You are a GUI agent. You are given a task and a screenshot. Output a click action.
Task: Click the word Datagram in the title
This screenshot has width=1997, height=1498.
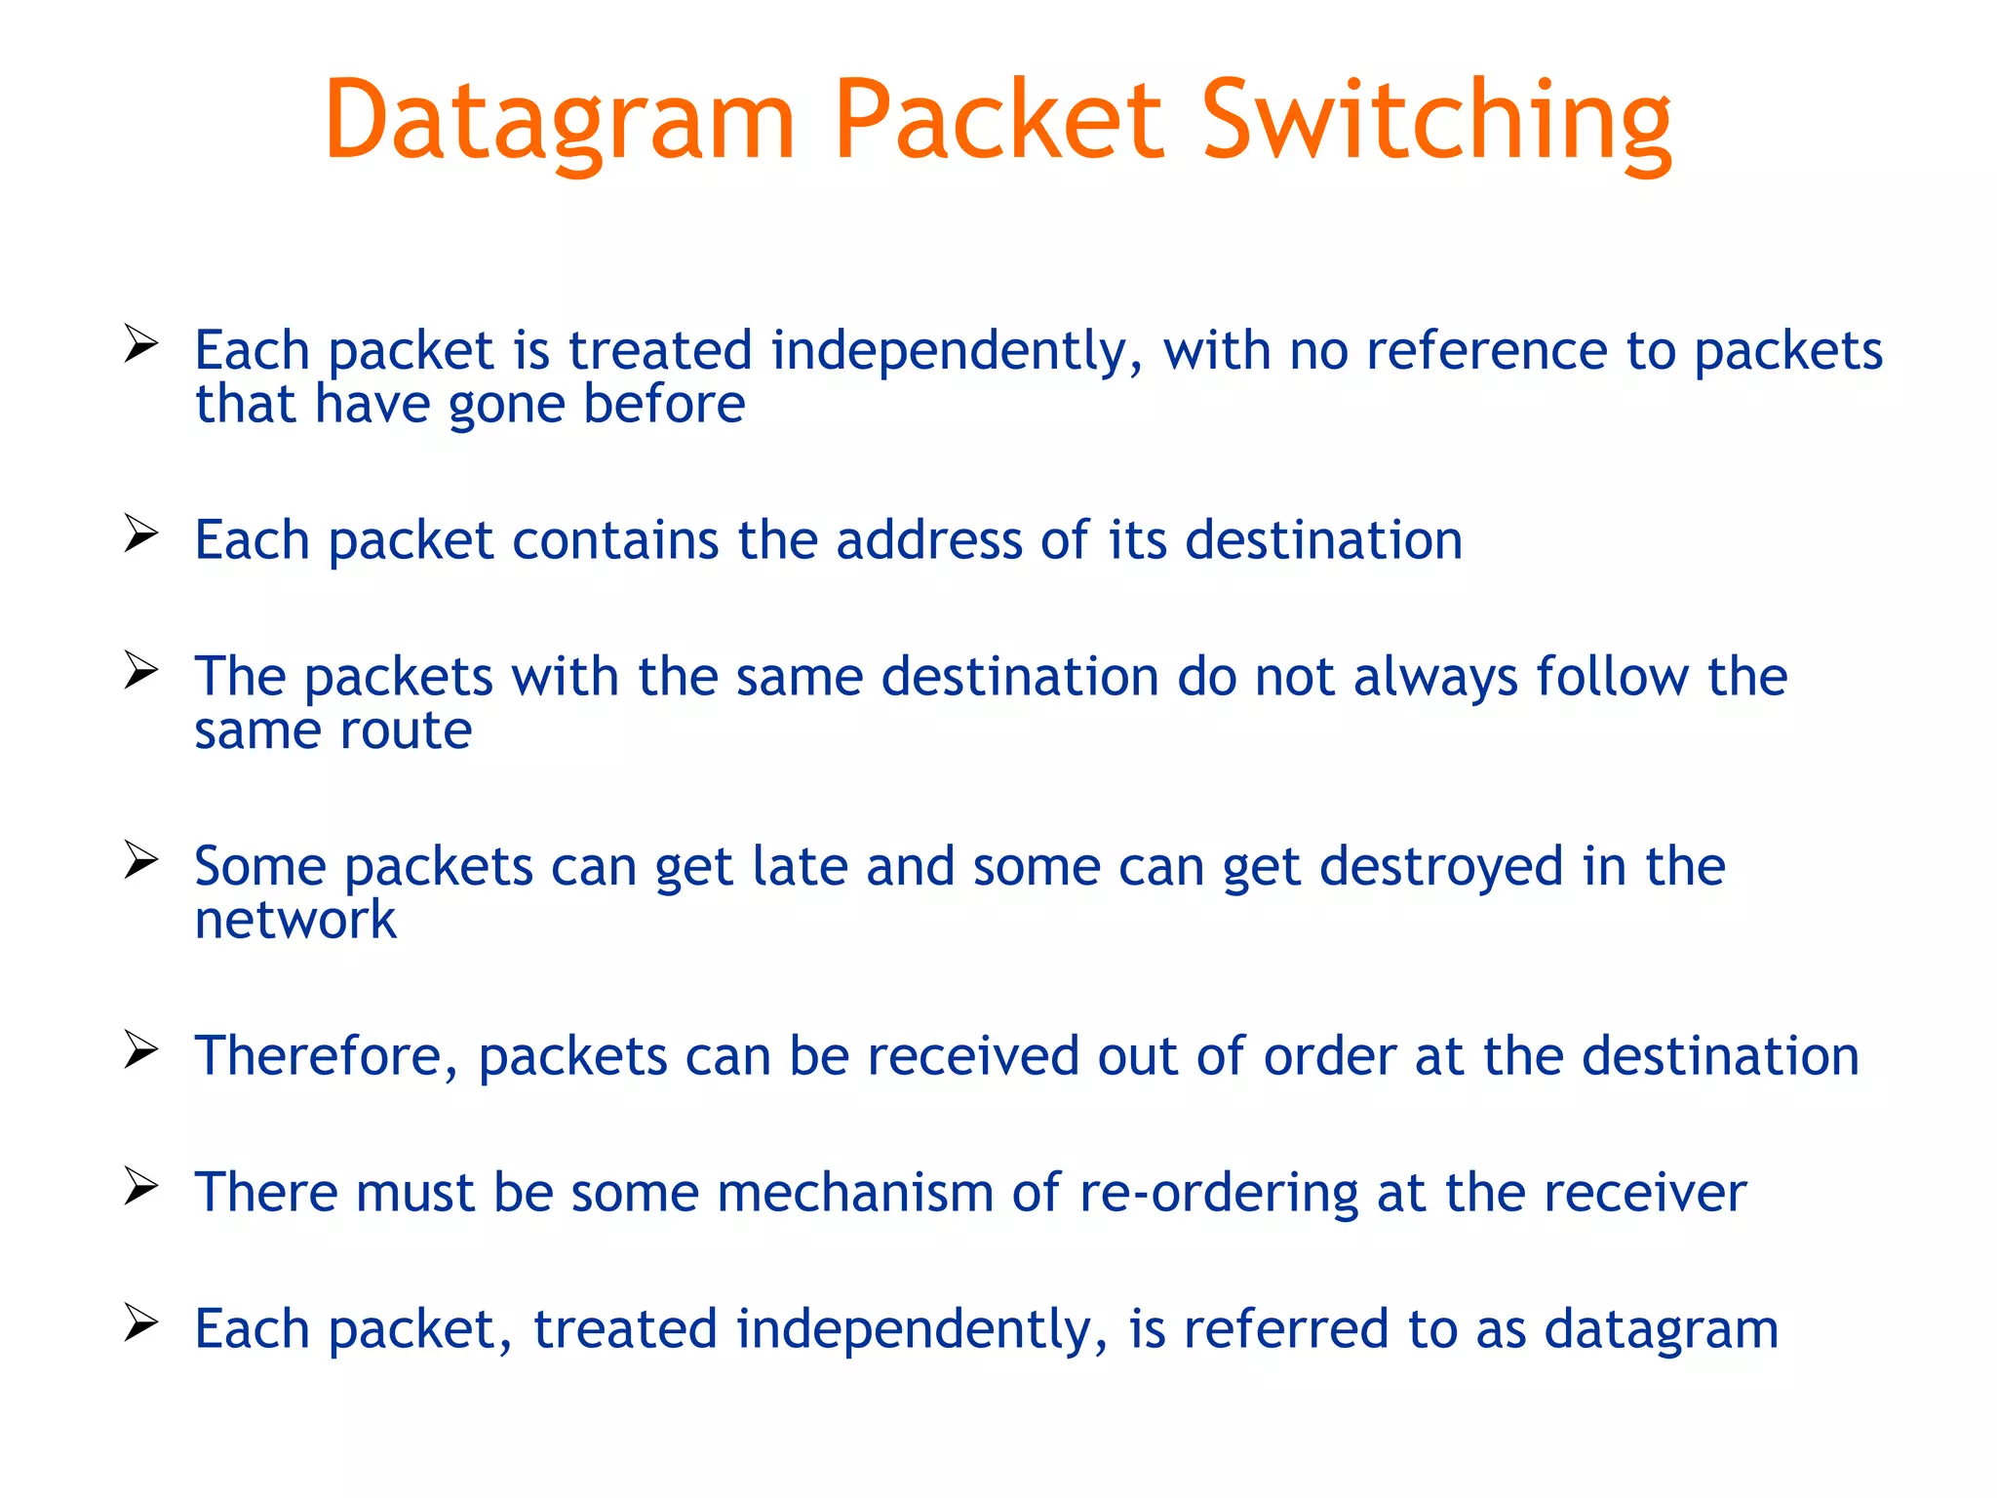coord(561,122)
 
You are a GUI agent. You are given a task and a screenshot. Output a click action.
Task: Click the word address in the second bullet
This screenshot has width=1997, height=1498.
coord(928,540)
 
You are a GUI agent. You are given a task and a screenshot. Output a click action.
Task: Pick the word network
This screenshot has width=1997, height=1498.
coord(295,921)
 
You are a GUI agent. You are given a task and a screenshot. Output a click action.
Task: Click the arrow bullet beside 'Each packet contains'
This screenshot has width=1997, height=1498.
coord(141,533)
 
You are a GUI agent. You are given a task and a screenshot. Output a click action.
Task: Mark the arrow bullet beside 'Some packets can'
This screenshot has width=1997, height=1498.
coord(141,860)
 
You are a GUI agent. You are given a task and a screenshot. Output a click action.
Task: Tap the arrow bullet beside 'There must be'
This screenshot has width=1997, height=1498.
coord(141,1187)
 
